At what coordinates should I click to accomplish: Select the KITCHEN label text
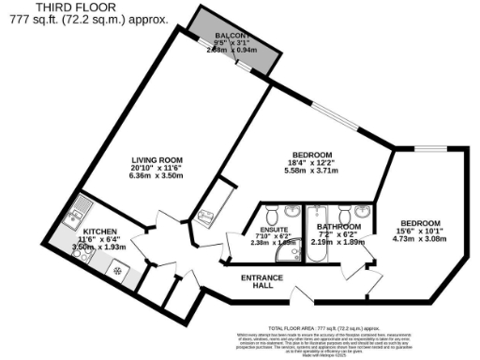point(98,231)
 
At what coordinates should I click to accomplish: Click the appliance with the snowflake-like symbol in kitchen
point(118,269)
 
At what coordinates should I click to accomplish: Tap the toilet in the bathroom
point(319,211)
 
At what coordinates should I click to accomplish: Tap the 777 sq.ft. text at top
point(27,19)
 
